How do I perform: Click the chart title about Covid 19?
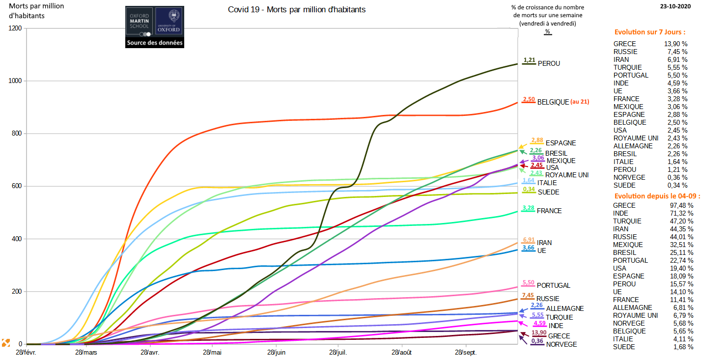(x=297, y=10)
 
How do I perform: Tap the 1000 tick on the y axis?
(x=15, y=81)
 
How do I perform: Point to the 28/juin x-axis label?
(x=277, y=353)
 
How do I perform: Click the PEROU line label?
(x=549, y=63)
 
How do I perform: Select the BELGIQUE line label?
(x=553, y=102)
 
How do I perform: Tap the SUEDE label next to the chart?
(x=548, y=192)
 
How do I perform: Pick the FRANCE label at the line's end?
(x=549, y=211)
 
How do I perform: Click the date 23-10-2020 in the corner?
(x=679, y=6)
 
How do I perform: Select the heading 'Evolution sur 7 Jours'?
(x=649, y=32)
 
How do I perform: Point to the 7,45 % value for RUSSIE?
(x=681, y=52)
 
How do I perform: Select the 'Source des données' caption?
(x=155, y=43)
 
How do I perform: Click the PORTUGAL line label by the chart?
(x=553, y=285)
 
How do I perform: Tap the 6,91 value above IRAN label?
(x=529, y=240)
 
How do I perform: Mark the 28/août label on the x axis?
(x=402, y=353)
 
